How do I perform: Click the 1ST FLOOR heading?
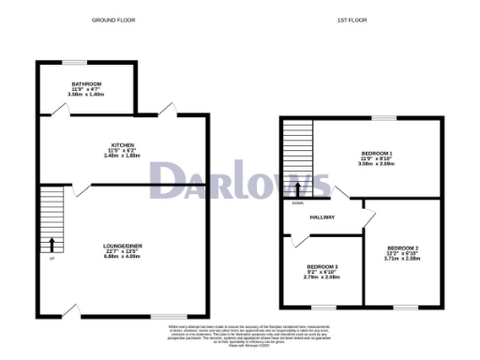coord(351,20)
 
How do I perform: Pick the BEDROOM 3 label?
coord(322,267)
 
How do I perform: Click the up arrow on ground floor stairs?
coord(52,246)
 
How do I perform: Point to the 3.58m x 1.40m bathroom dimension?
coord(77,94)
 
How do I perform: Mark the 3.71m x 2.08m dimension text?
coord(402,259)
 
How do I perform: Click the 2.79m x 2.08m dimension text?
coord(322,278)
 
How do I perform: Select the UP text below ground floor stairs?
coord(51,259)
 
